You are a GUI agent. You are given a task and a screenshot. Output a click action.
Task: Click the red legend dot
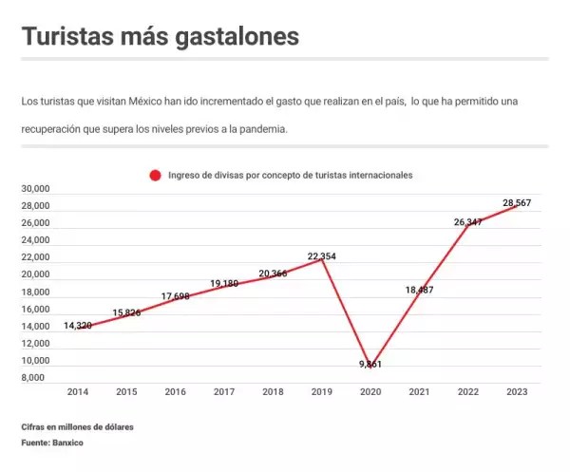click(155, 175)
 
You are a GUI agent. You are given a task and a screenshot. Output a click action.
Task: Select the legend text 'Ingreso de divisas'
click(204, 175)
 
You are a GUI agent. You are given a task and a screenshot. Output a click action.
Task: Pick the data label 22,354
click(321, 256)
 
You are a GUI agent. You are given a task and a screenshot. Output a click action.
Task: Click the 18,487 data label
click(419, 290)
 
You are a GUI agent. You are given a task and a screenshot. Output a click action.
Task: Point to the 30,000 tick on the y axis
click(35, 189)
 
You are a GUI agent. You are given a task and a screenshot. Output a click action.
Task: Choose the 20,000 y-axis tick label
click(35, 274)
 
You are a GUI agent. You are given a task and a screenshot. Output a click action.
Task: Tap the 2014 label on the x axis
click(78, 391)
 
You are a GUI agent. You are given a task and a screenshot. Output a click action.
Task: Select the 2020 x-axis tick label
click(370, 391)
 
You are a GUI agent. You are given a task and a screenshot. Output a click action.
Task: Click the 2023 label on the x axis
click(516, 391)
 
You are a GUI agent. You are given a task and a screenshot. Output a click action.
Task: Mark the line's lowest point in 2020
click(370, 359)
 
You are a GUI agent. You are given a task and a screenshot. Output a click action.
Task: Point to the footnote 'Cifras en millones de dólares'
click(77, 427)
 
